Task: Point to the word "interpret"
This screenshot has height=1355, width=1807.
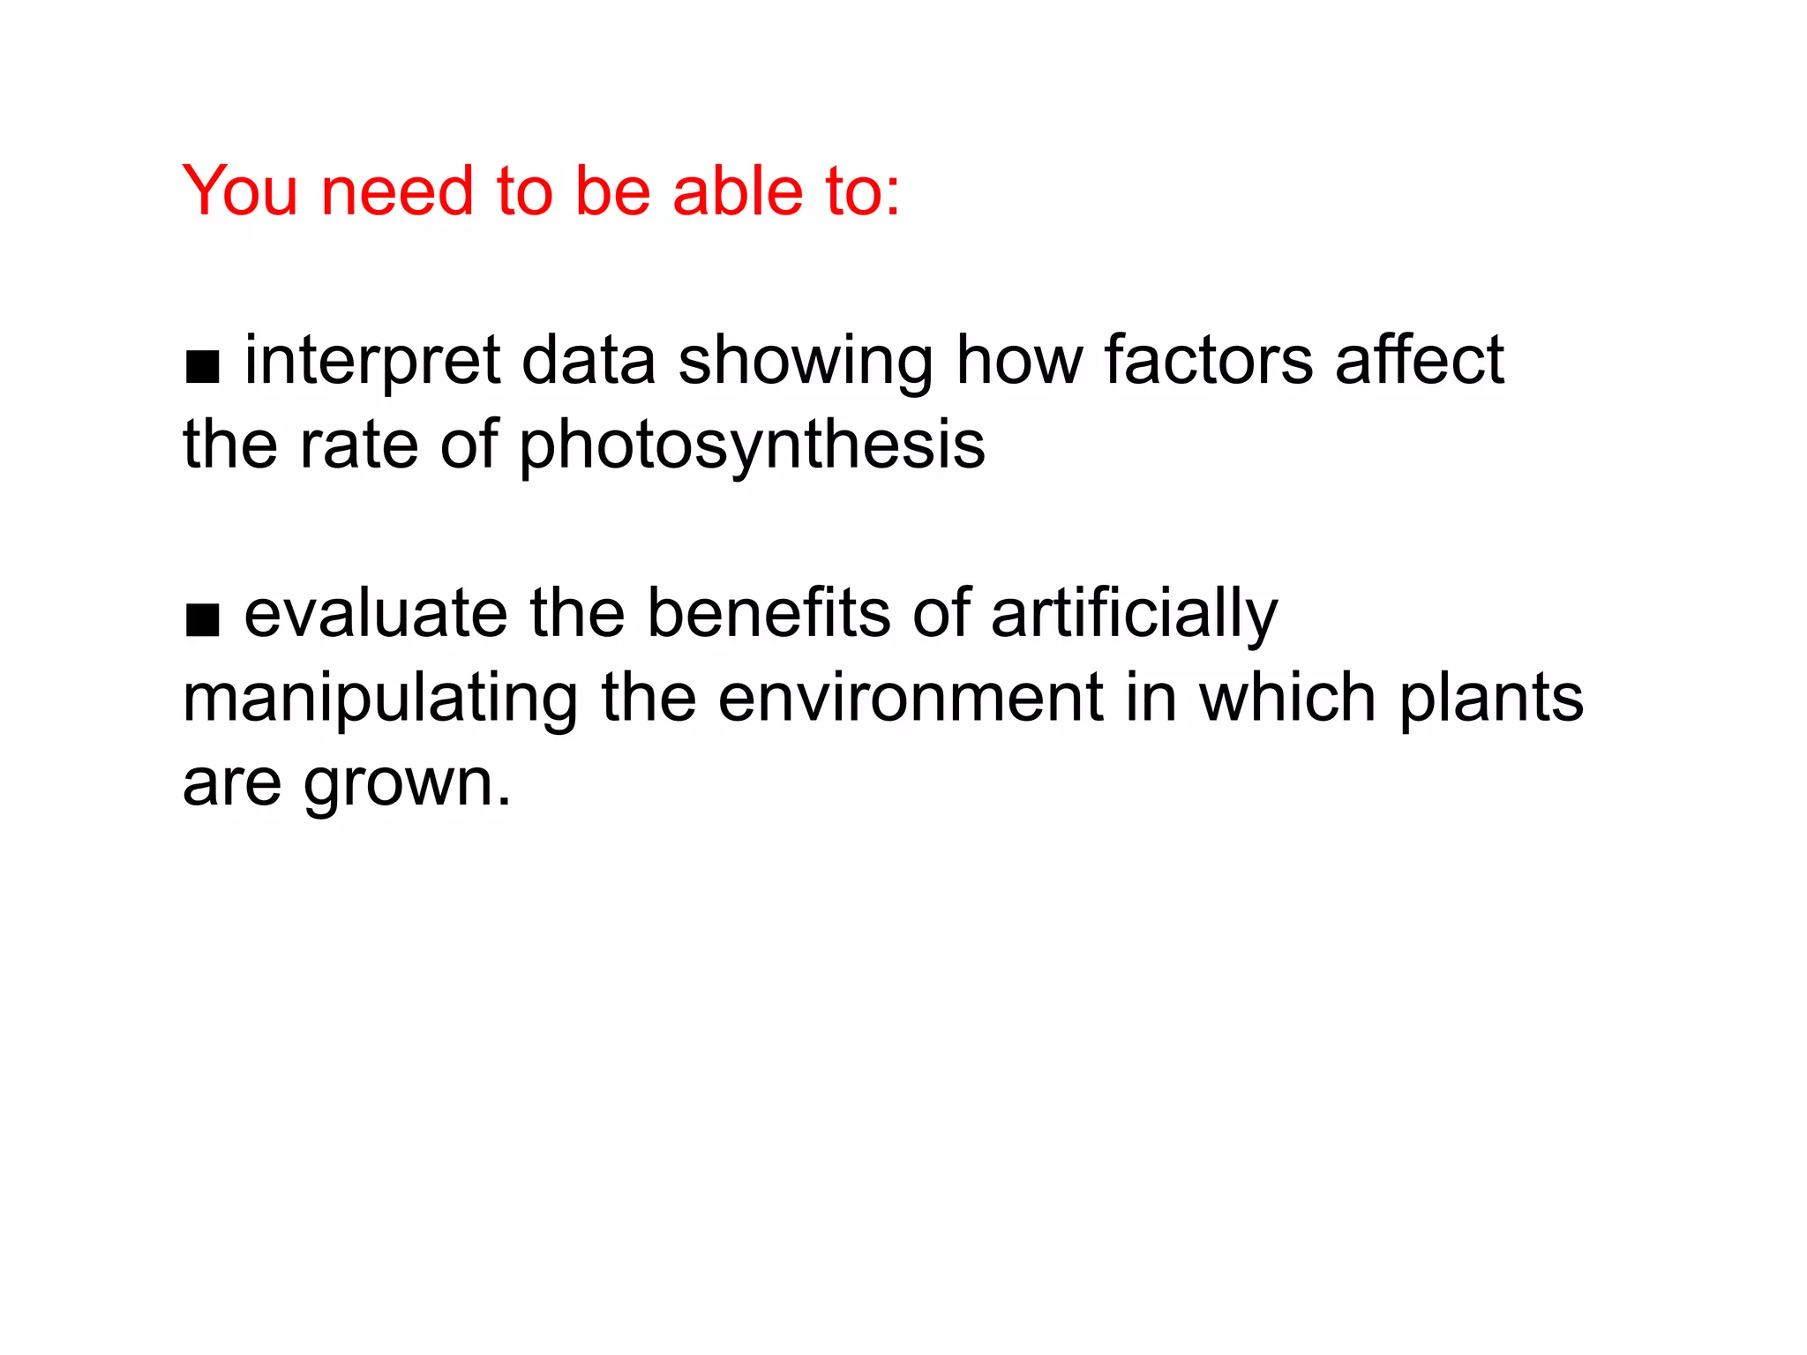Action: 372,362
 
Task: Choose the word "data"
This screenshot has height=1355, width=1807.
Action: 589,362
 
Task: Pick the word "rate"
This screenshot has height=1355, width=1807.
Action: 358,445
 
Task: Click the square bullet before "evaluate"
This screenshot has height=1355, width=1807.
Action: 202,620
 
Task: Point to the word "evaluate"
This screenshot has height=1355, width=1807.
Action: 376,614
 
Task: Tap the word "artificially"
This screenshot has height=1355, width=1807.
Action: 1134,616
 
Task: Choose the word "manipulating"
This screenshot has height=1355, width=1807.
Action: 380,700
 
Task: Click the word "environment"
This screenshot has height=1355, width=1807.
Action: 910,698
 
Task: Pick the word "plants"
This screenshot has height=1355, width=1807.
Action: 1491,700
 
